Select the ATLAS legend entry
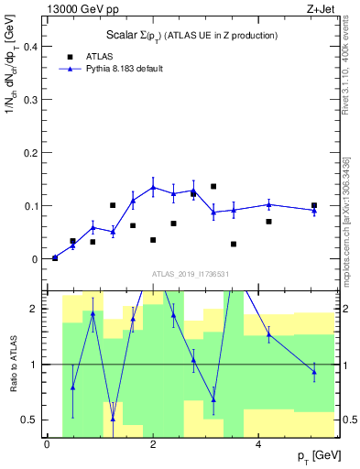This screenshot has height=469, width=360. point(99,56)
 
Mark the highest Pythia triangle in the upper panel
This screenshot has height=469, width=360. point(153,187)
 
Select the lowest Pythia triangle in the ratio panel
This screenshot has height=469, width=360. point(113,419)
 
